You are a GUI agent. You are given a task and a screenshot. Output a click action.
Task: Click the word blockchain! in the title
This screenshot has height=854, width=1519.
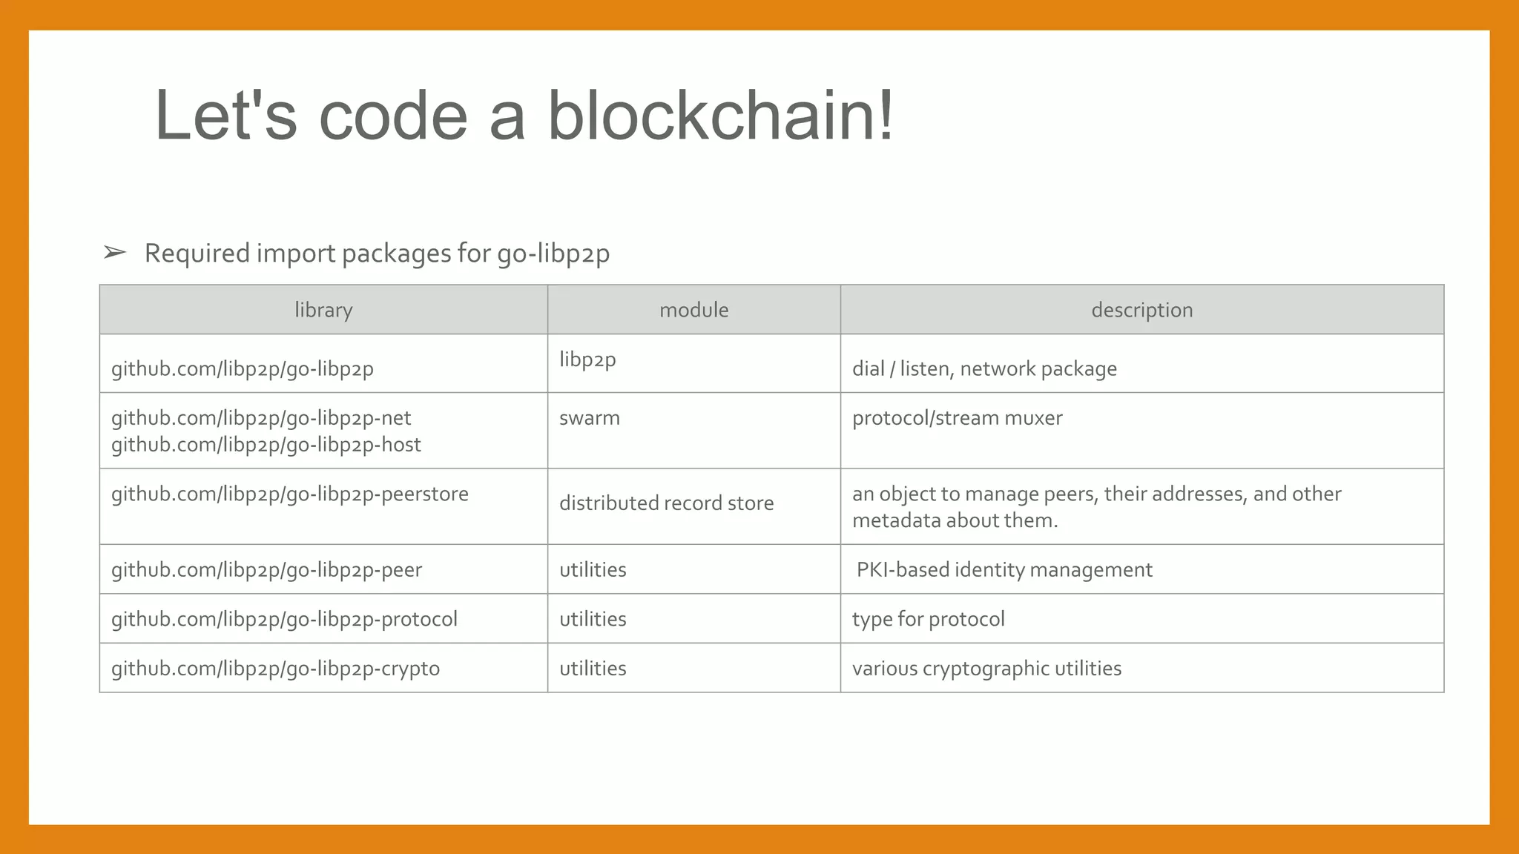(720, 116)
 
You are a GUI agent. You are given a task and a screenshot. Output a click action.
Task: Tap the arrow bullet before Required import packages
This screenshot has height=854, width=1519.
(115, 253)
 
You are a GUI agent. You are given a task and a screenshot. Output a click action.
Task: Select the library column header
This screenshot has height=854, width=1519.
(323, 310)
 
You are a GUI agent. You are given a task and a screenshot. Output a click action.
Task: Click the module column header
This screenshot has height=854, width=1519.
(693, 310)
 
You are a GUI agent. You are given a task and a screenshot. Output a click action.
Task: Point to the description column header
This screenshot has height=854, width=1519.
(1141, 310)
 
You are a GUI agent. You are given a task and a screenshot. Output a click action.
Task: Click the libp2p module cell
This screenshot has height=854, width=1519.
(587, 360)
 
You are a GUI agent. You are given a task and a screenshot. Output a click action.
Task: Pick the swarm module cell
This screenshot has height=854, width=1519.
(590, 418)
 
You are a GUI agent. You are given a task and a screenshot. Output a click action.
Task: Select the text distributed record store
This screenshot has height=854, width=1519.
(666, 503)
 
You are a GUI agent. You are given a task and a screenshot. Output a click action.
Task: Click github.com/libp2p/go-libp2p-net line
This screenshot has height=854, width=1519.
(261, 418)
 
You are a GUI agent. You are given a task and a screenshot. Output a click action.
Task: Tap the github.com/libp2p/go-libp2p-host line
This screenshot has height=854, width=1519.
(266, 445)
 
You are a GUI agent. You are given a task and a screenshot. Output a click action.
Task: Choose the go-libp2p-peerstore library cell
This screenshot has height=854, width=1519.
(290, 494)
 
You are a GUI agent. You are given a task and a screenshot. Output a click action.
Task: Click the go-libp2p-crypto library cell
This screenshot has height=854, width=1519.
(275, 669)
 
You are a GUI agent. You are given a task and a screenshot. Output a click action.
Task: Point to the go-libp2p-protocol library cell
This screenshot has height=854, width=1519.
(284, 619)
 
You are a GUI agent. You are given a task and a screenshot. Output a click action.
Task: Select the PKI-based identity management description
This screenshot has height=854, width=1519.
(1004, 570)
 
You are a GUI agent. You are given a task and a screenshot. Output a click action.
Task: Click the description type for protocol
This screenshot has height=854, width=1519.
(928, 619)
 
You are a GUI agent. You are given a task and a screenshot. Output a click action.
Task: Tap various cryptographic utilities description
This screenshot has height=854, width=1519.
(986, 669)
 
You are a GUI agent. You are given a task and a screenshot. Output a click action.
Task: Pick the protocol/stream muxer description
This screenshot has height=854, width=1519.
(957, 418)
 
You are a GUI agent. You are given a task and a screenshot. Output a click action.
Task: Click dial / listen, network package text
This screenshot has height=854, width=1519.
(984, 369)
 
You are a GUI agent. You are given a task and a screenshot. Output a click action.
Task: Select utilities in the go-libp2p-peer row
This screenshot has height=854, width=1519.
(593, 570)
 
